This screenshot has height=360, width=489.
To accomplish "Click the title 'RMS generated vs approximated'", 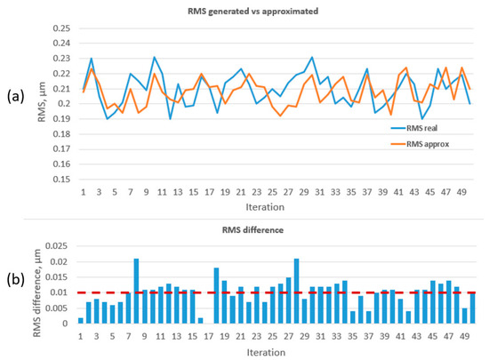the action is point(253,12).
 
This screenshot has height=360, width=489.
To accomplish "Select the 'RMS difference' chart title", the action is point(253,230).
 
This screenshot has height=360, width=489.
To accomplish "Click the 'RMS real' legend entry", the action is point(414,128).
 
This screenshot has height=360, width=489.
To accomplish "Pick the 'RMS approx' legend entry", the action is point(420,144).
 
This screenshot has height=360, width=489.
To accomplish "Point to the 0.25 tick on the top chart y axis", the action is point(61,28).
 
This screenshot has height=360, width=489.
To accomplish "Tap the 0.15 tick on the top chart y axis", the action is point(61,180).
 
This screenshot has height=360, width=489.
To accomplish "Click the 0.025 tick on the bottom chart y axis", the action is point(56,246).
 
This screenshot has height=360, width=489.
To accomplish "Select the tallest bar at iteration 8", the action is point(136,292).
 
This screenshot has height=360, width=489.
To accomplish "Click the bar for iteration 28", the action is point(297,292).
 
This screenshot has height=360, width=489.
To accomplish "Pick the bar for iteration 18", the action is point(216,295).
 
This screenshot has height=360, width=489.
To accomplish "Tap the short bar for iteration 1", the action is point(80,321).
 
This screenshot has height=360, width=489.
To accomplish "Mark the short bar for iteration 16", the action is point(201,321).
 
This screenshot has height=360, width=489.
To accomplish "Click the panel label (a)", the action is point(15,97).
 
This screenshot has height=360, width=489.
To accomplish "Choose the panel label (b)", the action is point(16,280).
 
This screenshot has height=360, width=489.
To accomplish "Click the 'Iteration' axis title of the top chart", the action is point(265,207).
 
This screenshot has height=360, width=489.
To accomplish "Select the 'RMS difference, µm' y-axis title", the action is point(37,292).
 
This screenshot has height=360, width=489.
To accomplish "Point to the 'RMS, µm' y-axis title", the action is point(42,101).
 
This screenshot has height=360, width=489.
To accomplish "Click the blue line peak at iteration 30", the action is point(312,57).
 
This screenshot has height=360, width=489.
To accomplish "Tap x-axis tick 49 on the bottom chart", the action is point(465,337).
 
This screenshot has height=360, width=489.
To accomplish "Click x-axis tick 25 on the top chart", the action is point(272,192).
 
